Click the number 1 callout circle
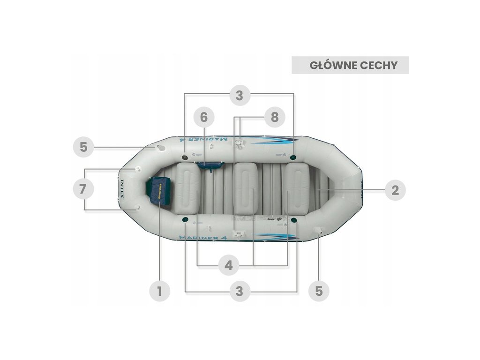159,291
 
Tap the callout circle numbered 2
395,190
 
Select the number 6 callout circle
204,117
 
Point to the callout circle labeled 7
83,189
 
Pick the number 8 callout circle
274,117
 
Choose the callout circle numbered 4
228,265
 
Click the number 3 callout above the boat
239,95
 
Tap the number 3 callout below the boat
239,291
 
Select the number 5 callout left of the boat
83,147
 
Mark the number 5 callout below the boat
319,291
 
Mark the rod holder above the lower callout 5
319,231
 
